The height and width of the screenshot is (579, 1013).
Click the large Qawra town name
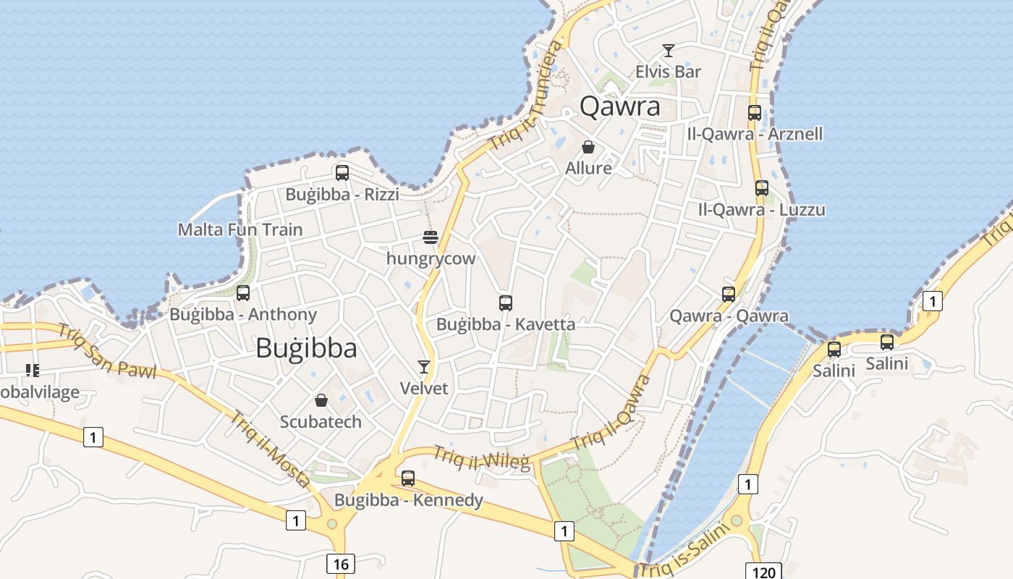pos(620,106)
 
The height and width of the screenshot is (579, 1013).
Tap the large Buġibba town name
pos(306,348)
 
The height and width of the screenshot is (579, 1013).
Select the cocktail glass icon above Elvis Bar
pos(669,50)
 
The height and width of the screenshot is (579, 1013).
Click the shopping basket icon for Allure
pos(589,147)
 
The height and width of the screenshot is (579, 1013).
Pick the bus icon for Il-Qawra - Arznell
pos(755,113)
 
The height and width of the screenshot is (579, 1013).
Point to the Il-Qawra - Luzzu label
pos(761,210)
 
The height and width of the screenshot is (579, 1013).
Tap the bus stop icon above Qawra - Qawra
pos(729,294)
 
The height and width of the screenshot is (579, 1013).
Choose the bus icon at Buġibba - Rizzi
pos(342,173)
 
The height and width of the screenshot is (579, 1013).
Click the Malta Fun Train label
pos(240,229)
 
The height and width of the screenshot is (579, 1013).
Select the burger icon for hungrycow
pos(431,237)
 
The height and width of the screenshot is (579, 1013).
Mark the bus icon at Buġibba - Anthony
pos(243,293)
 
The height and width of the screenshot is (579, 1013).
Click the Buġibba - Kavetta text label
pos(506,324)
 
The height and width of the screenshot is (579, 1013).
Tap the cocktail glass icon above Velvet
pos(424,367)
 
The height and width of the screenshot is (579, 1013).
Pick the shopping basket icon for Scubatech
pos(321,400)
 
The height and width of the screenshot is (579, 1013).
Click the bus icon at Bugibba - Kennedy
pos(408,478)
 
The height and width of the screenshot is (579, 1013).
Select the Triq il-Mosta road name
pos(271,449)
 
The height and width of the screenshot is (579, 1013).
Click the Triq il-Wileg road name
pos(481,459)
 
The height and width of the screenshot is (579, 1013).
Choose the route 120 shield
pos(763,572)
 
